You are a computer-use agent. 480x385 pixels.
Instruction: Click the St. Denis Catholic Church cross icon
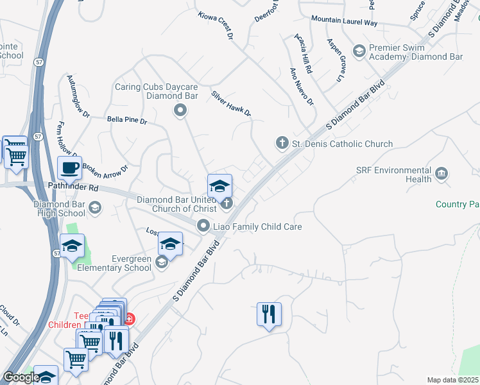[x=282, y=143]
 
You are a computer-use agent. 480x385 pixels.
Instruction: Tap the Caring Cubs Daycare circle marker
[x=180, y=111]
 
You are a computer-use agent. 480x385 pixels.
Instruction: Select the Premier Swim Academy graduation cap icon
[x=359, y=50]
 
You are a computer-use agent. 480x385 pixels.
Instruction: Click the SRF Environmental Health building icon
[x=441, y=173]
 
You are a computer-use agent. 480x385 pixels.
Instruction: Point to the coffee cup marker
[x=69, y=169]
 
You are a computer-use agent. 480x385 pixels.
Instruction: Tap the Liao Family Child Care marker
[x=203, y=225]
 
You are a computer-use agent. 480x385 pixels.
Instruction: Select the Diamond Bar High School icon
[x=95, y=207]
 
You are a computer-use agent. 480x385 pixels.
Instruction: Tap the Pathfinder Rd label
[x=73, y=188]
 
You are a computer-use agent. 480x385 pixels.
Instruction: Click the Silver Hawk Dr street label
[x=231, y=103]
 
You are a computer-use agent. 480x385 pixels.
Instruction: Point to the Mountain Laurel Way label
[x=344, y=21]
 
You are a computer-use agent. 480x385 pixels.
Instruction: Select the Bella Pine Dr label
[x=127, y=120]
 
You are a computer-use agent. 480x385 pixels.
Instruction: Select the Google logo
[x=21, y=377]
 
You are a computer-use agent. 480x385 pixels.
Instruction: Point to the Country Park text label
[x=457, y=204]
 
